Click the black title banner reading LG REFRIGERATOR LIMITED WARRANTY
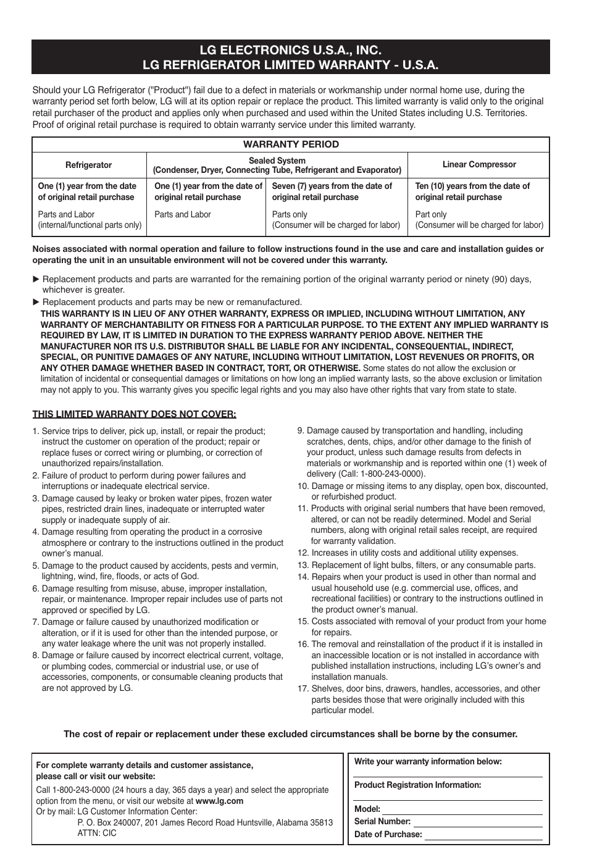[x=290, y=57]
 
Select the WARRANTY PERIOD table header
[x=290, y=144]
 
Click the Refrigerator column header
[x=89, y=165]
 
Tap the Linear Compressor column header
[x=478, y=165]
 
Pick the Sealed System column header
[x=277, y=165]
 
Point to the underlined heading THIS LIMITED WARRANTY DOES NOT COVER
[x=134, y=414]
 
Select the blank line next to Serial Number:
[x=477, y=822]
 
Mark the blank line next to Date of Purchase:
[x=483, y=835]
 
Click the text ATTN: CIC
[x=97, y=833]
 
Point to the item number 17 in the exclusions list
[x=302, y=689]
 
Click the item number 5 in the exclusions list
[x=36, y=566]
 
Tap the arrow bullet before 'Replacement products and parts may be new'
[x=36, y=302]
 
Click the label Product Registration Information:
[x=417, y=785]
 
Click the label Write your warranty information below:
[x=428, y=762]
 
